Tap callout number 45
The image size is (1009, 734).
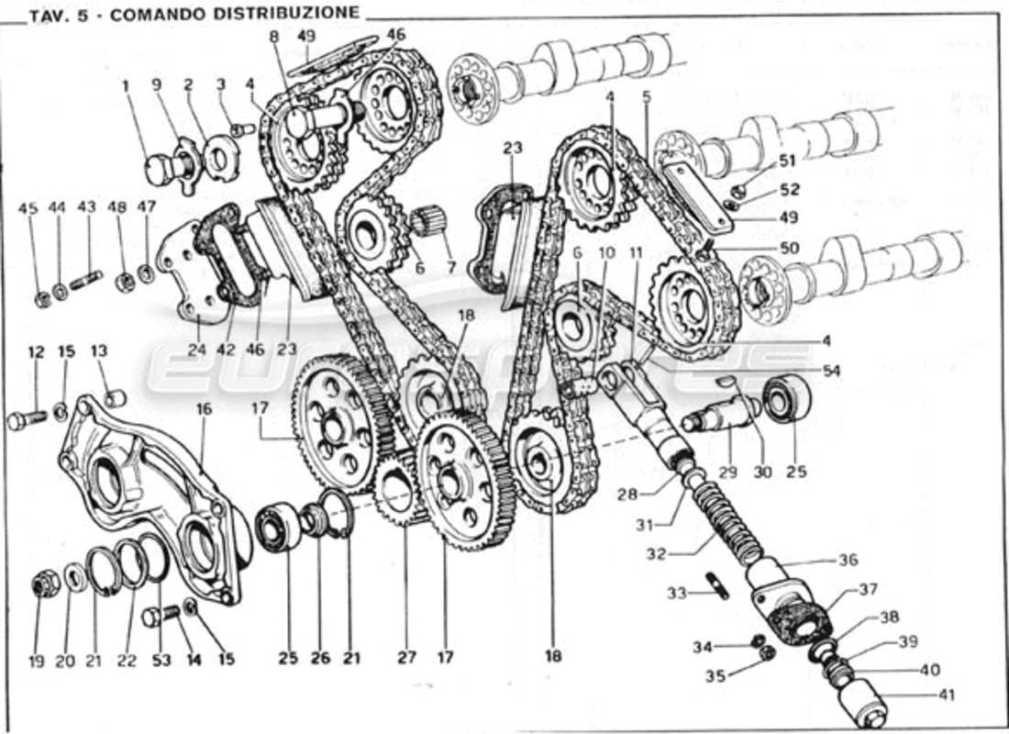click(29, 208)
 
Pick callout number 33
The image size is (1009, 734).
click(676, 593)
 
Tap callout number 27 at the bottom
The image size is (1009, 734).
click(406, 657)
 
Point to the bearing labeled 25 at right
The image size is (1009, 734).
click(787, 396)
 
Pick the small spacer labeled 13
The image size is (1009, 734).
click(115, 398)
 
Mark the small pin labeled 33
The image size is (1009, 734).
click(717, 584)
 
